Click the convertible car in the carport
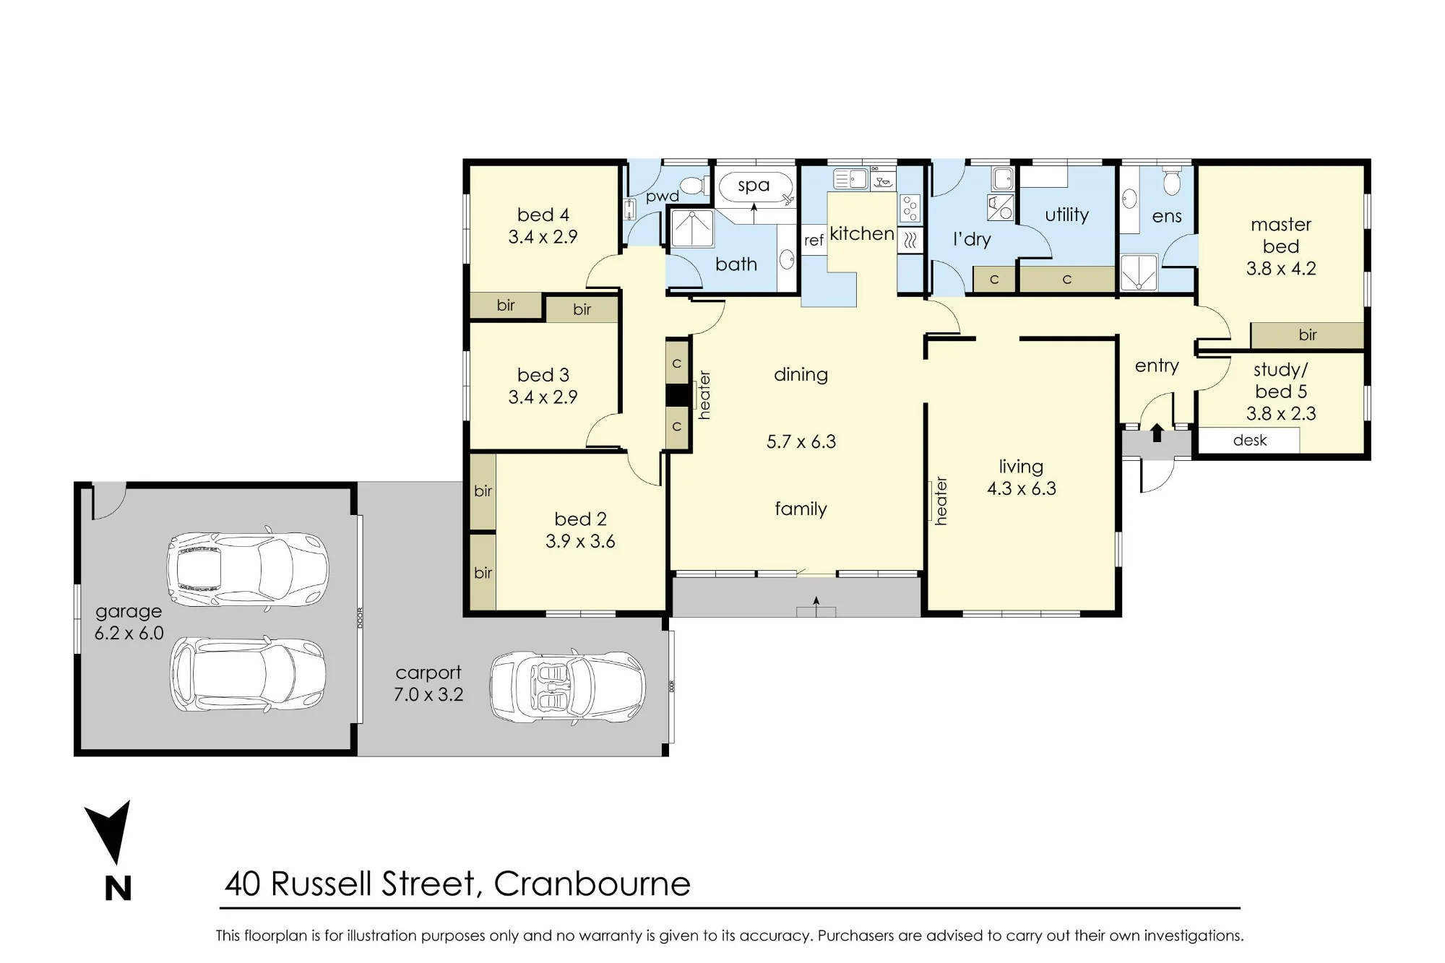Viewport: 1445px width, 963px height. click(567, 686)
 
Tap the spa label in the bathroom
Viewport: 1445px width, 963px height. click(754, 186)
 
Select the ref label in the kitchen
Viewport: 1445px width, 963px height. click(814, 241)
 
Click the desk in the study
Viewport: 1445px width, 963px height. click(1249, 440)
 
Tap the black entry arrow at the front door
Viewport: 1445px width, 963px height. click(1157, 432)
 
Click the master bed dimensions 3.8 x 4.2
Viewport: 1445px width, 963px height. click(1281, 269)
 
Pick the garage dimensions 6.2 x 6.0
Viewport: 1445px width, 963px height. click(129, 634)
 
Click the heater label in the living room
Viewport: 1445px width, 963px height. click(941, 501)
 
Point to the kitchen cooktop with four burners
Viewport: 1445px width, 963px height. click(910, 208)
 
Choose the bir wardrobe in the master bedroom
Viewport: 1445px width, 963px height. click(1307, 335)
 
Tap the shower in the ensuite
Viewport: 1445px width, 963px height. click(1139, 272)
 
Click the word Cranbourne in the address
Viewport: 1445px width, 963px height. click(592, 884)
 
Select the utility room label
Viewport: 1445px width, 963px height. click(1066, 215)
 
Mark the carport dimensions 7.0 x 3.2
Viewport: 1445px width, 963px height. click(428, 695)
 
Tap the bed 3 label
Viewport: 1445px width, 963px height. click(543, 375)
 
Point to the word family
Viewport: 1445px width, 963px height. click(801, 509)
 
